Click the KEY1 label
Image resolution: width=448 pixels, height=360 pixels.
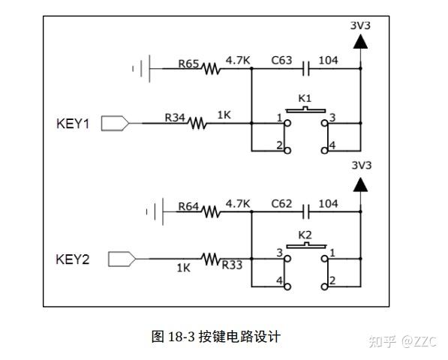(x=73, y=123)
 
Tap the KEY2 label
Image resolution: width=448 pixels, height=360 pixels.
(x=73, y=259)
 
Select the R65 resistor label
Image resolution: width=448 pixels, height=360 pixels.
(x=188, y=64)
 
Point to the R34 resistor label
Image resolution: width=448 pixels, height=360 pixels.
(x=175, y=117)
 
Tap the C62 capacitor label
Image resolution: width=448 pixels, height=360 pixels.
(x=281, y=204)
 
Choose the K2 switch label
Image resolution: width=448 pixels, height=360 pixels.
(x=304, y=235)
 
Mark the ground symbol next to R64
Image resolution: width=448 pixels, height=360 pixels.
(x=155, y=211)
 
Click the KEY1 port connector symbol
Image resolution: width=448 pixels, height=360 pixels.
(x=115, y=122)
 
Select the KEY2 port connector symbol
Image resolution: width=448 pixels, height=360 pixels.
(x=122, y=259)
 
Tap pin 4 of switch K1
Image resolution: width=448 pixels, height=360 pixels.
(x=325, y=149)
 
